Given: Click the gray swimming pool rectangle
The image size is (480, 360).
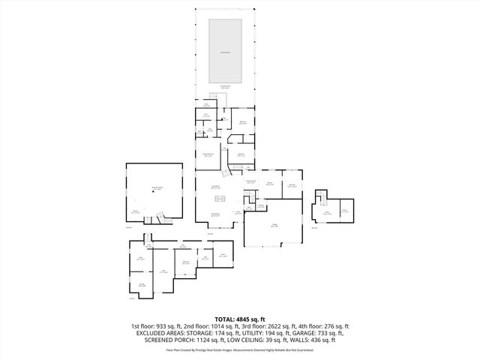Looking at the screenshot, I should click(224, 51).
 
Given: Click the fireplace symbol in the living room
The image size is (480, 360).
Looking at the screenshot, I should click(220, 199).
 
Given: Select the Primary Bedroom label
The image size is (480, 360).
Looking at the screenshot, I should click(210, 154).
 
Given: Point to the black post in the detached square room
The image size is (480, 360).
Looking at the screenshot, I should click(153, 191).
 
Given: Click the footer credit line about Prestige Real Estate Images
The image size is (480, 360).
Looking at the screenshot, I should click(239, 349).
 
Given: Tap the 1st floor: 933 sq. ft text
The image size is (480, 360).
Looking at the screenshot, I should click(157, 326).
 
